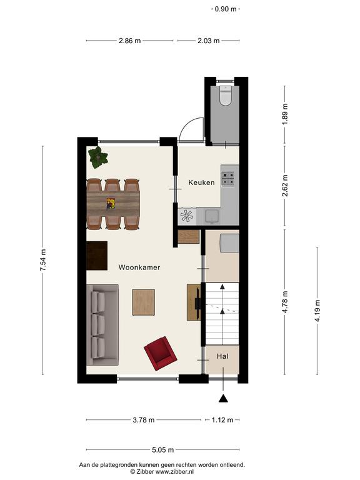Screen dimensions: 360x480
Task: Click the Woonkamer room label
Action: [139, 267]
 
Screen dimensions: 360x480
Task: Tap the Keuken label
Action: [201, 182]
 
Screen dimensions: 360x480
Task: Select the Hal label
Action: [222, 356]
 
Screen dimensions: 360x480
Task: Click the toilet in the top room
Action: [226, 96]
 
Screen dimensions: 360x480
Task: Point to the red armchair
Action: [161, 353]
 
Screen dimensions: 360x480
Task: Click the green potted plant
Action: [98, 157]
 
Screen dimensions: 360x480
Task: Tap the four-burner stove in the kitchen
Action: [228, 179]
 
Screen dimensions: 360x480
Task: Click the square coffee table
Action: [144, 302]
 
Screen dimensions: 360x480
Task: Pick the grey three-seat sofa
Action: [102, 325]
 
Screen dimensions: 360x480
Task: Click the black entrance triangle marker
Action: [224, 398]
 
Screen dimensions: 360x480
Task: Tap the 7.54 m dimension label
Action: [43, 260]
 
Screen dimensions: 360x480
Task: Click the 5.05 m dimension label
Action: [163, 450]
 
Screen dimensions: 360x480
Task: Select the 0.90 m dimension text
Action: [226, 9]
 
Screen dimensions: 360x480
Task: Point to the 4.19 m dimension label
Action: [317, 311]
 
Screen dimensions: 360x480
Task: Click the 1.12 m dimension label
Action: [222, 420]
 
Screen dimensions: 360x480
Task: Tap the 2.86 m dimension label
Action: [130, 41]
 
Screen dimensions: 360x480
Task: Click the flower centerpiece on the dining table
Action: [111, 204]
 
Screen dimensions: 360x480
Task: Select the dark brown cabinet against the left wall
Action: [97, 256]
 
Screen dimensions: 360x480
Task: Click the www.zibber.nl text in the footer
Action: [174, 472]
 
